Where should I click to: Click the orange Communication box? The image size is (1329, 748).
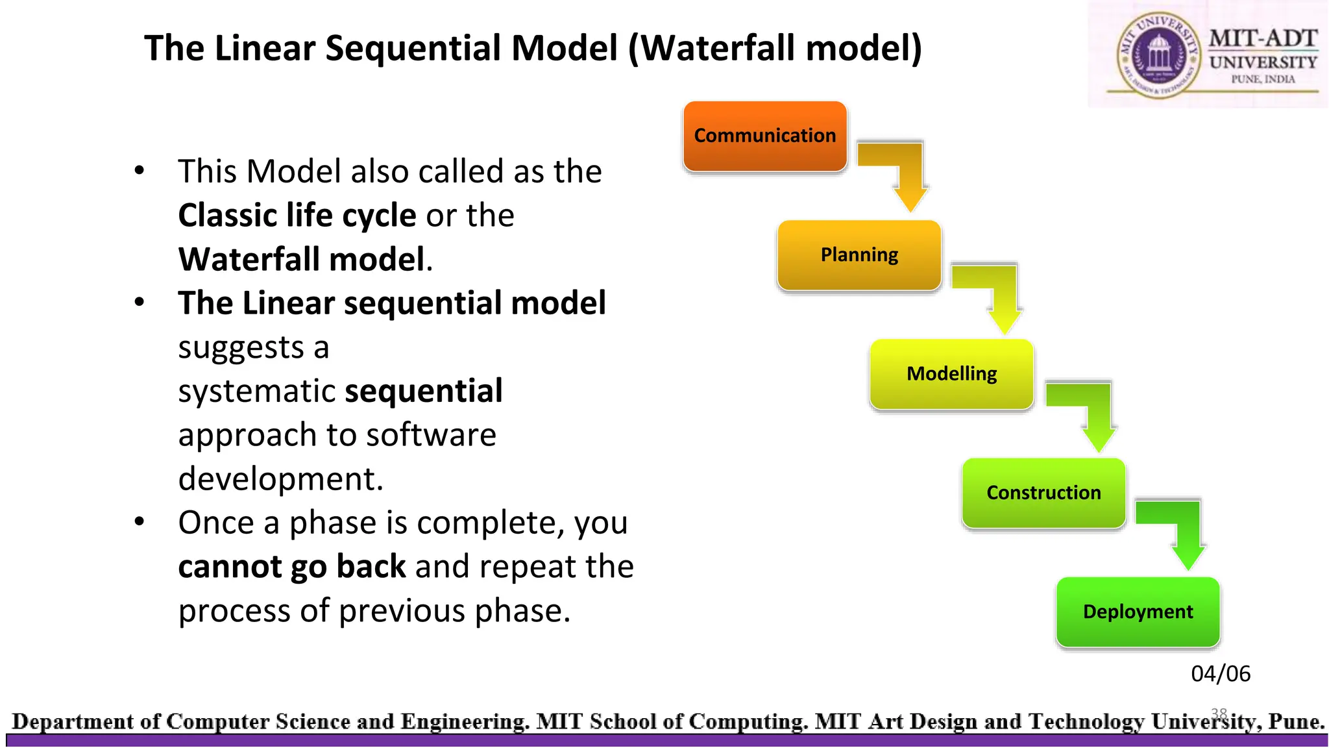pyautogui.click(x=764, y=136)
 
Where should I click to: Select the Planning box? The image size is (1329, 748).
pyautogui.click(x=859, y=255)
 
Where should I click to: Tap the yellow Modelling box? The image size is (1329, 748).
pyautogui.click(x=951, y=374)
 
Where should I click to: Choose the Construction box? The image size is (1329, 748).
pyautogui.click(x=1043, y=493)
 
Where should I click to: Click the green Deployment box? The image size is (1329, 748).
pyautogui.click(x=1138, y=612)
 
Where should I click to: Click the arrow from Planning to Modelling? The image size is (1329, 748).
pyautogui.click(x=996, y=292)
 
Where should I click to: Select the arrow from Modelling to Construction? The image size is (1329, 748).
pyautogui.click(x=1090, y=411)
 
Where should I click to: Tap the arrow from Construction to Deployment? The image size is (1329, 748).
pyautogui.click(x=1180, y=529)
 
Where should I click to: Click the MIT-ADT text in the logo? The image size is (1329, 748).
pyautogui.click(x=1262, y=38)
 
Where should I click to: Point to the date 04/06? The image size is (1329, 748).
pyautogui.click(x=1220, y=674)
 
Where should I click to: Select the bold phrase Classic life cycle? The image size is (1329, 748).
pyautogui.click(x=297, y=216)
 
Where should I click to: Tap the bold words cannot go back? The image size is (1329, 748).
pyautogui.click(x=292, y=567)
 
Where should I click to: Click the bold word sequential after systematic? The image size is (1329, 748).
pyautogui.click(x=424, y=391)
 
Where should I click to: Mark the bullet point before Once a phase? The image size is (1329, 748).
pyautogui.click(x=140, y=521)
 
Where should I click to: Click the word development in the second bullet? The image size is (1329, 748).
pyautogui.click(x=280, y=479)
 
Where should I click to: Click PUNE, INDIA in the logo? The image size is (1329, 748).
pyautogui.click(x=1263, y=79)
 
